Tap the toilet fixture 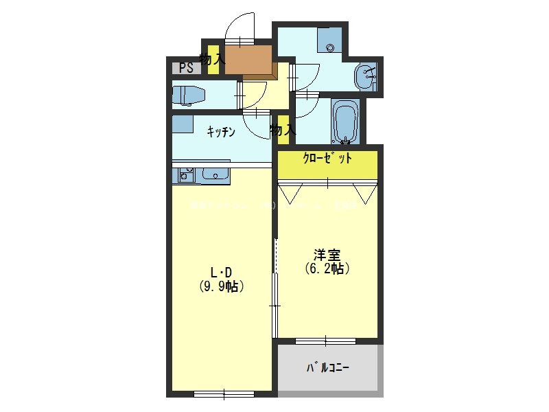[x=186, y=95]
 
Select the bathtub [x=344, y=122]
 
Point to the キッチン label [x=222, y=131]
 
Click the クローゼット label [x=327, y=158]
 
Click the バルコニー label [x=327, y=368]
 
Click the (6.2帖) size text [x=327, y=269]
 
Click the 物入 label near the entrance [x=211, y=59]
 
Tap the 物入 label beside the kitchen [x=281, y=129]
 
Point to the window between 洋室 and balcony [x=326, y=341]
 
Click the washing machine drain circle [x=331, y=47]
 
